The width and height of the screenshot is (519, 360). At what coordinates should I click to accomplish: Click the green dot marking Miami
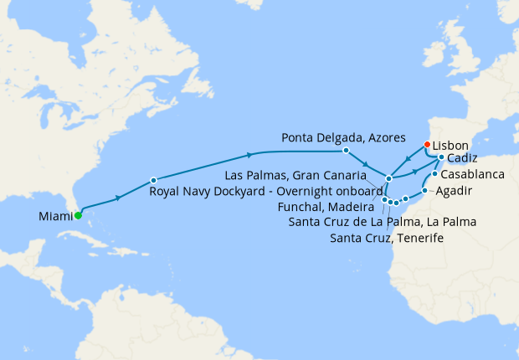[x=78, y=215]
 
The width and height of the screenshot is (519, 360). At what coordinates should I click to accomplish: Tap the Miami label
[x=55, y=217]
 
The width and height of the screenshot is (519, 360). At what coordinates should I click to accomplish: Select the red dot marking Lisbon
[x=427, y=144]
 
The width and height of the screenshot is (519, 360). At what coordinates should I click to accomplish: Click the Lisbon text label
[x=450, y=145]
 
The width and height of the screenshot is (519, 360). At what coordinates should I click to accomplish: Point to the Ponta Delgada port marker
[x=346, y=151]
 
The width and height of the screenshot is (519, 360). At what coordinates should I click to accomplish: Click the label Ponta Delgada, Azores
[x=343, y=136]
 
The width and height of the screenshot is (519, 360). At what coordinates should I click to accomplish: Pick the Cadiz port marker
[x=441, y=157]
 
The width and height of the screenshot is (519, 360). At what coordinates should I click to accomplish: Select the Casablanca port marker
[x=434, y=174]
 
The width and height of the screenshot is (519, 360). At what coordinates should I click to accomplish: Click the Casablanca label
[x=471, y=175]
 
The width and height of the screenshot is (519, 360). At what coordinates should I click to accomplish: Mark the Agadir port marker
[x=425, y=192]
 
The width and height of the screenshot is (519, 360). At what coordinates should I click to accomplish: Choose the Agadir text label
[x=455, y=193]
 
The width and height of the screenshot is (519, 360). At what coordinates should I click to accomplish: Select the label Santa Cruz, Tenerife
[x=386, y=239]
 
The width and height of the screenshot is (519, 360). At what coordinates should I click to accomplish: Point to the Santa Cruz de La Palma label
[x=382, y=222]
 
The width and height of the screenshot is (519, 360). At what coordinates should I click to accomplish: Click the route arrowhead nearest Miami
[x=119, y=197]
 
